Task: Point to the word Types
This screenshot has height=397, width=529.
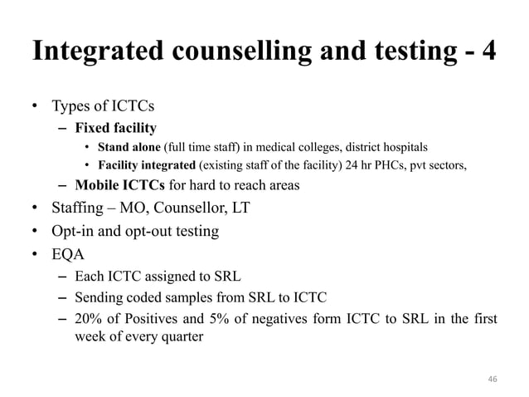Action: point(70,108)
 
